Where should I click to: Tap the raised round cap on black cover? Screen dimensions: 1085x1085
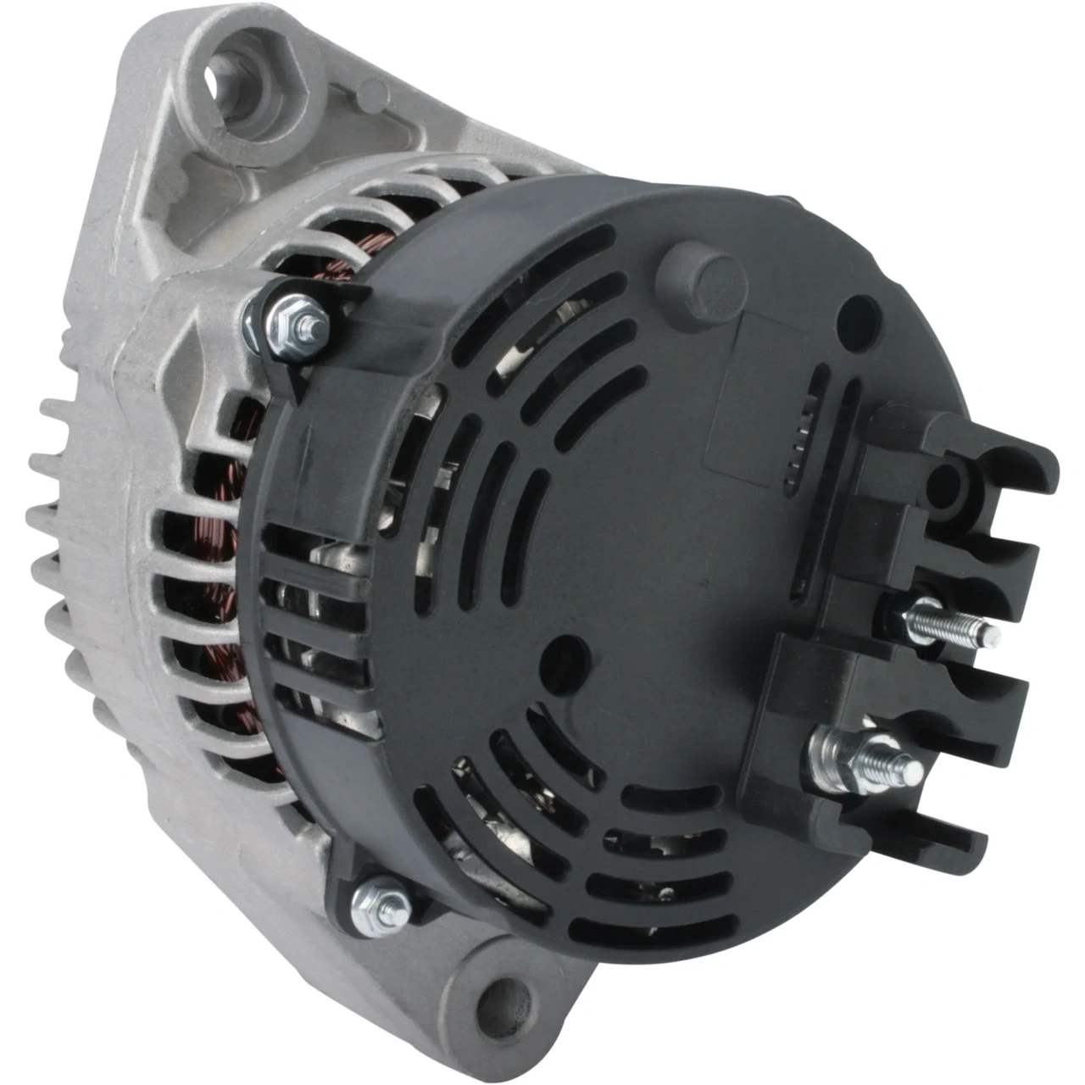pos(701,279)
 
